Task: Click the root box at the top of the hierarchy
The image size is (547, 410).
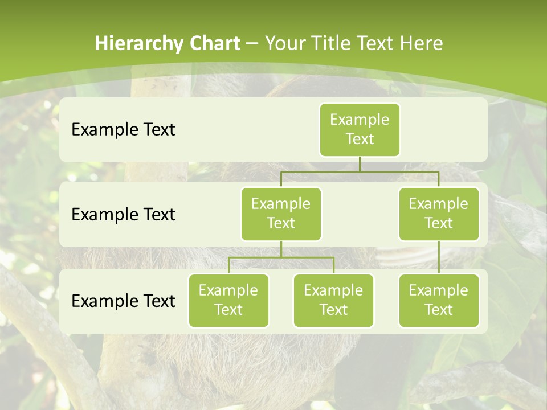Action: click(x=360, y=130)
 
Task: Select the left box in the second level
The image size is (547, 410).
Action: click(x=281, y=214)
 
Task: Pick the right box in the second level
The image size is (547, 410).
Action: click(x=439, y=214)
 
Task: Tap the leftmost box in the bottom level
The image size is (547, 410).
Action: click(x=228, y=301)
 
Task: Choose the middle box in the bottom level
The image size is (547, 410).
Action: click(x=333, y=301)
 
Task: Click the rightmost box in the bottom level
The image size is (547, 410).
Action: click(x=439, y=301)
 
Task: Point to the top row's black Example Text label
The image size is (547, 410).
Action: click(x=123, y=130)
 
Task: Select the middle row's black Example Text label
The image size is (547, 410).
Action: click(x=123, y=215)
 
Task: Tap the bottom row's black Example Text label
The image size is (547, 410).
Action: click(x=123, y=301)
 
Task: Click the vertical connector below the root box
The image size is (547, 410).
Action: click(x=360, y=164)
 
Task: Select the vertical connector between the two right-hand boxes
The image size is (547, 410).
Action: click(x=439, y=257)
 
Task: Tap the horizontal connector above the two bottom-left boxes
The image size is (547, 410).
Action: click(x=281, y=257)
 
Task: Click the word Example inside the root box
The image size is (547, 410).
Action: click(x=360, y=120)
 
